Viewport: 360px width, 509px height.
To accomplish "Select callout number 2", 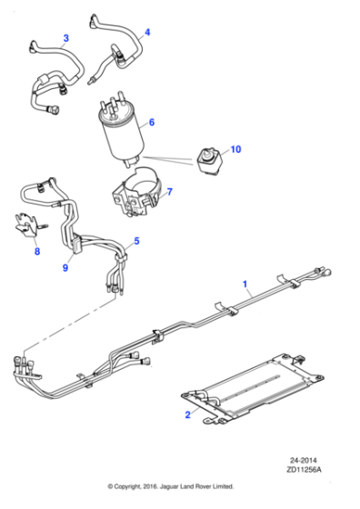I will coord(188,415).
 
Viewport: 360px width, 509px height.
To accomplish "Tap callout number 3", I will coord(65,38).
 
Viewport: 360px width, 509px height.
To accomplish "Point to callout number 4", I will coord(147,33).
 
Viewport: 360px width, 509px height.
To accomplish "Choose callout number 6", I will coord(152,121).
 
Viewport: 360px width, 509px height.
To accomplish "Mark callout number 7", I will coord(169,192).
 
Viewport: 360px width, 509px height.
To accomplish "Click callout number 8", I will coord(36,253).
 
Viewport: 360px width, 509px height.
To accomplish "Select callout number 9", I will coord(65,268).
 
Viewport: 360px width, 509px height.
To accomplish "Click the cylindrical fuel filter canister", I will coord(121,132).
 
